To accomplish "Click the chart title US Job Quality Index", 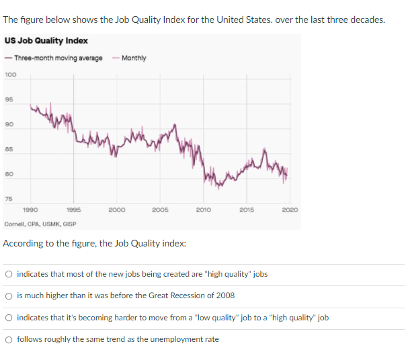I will tap(46, 42).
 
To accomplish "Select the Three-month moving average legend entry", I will tap(58, 58).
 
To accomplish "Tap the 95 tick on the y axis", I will tap(9, 99).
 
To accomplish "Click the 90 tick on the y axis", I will tap(9, 124).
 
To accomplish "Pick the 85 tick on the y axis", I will tap(9, 148).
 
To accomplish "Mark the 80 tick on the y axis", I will tap(9, 173).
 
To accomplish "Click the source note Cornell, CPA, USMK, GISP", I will tap(40, 224).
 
